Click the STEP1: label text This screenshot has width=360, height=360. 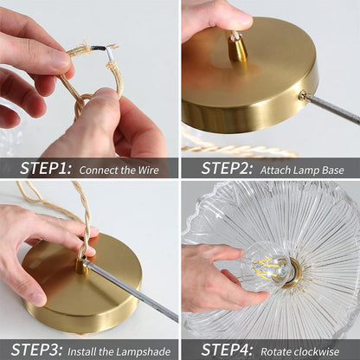45,168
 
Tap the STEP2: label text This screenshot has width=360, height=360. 227,168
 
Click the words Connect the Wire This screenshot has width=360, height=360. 119,170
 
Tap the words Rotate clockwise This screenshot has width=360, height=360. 302,350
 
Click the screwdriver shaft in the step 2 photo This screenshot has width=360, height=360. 333,108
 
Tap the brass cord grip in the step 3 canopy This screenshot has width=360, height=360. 81,265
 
